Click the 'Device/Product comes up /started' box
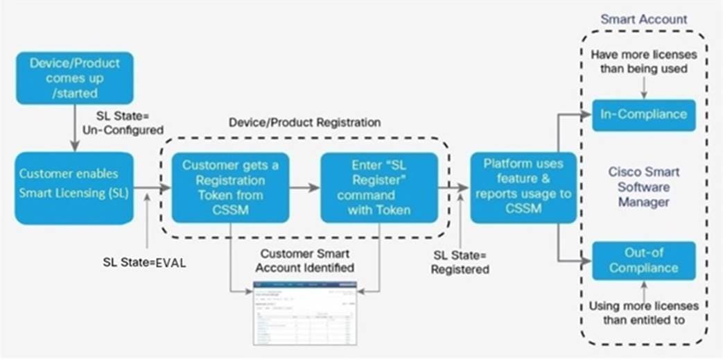pyautogui.click(x=73, y=78)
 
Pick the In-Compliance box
pyautogui.click(x=643, y=114)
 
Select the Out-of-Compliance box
pyautogui.click(x=643, y=261)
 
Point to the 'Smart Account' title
pyautogui.click(x=643, y=20)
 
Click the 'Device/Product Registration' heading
pyautogui.click(x=305, y=122)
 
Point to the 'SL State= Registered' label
pyautogui.click(x=460, y=262)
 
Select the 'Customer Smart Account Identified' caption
pyautogui.click(x=305, y=261)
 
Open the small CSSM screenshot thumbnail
pyautogui.click(x=305, y=312)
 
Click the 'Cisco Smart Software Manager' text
pyautogui.click(x=643, y=187)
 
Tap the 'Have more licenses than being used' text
pyautogui.click(x=643, y=62)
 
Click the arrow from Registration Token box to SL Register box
pyautogui.click(x=304, y=187)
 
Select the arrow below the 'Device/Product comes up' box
pyautogui.click(x=73, y=130)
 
